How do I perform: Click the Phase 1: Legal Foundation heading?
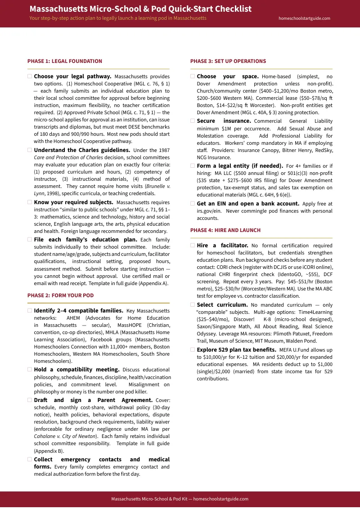pyautogui.click(x=65, y=61)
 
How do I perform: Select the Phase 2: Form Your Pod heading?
pyautogui.click(x=60, y=295)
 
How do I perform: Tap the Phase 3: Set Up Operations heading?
pyautogui.click(x=228, y=61)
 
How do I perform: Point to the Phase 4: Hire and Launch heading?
pyautogui.click(x=225, y=230)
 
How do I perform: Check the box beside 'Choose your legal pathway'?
pyautogui.click(x=30, y=76)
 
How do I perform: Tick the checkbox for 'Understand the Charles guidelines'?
pyautogui.click(x=30, y=150)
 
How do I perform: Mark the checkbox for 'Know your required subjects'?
pyautogui.click(x=30, y=202)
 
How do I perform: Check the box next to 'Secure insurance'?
pyautogui.click(x=193, y=121)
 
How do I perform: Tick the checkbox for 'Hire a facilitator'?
pyautogui.click(x=193, y=246)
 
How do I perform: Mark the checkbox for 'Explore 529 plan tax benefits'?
pyautogui.click(x=193, y=349)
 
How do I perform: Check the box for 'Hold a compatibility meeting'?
pyautogui.click(x=30, y=370)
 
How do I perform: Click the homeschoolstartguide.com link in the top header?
pyautogui.click(x=305, y=18)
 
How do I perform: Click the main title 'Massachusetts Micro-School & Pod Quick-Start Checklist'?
pyautogui.click(x=140, y=9)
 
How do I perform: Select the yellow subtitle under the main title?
pyautogui.click(x=118, y=18)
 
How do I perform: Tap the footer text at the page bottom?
pyautogui.click(x=180, y=499)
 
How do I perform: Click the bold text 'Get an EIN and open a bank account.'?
pyautogui.click(x=248, y=204)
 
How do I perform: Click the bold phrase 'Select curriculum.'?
pyautogui.click(x=222, y=305)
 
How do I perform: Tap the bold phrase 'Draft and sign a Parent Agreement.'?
pyautogui.click(x=93, y=400)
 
